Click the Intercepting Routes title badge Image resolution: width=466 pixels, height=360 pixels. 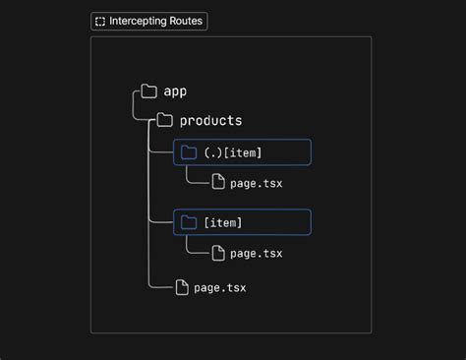149,21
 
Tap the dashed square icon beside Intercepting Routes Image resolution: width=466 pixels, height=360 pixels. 99,21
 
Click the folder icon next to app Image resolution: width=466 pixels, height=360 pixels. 149,91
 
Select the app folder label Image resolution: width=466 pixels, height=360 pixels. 175,91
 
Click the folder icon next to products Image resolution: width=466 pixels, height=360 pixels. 165,121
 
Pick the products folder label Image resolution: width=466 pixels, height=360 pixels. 210,121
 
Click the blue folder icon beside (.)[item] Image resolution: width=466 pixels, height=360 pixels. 189,151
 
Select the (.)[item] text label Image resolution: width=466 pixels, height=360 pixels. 233,152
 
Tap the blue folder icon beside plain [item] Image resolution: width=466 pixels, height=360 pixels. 189,222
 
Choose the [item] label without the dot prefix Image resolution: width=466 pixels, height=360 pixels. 223,223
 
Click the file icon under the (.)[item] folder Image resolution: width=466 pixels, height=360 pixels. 218,182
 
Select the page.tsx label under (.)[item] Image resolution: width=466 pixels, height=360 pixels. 257,183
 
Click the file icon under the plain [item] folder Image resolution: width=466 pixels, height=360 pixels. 218,253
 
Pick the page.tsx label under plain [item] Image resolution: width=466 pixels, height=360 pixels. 257,254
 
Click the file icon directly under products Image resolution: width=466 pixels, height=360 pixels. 181,287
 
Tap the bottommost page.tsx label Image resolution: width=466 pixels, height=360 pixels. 220,288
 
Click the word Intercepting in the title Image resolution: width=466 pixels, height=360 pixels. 137,21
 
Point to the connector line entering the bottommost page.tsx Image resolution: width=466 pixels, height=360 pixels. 159,286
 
